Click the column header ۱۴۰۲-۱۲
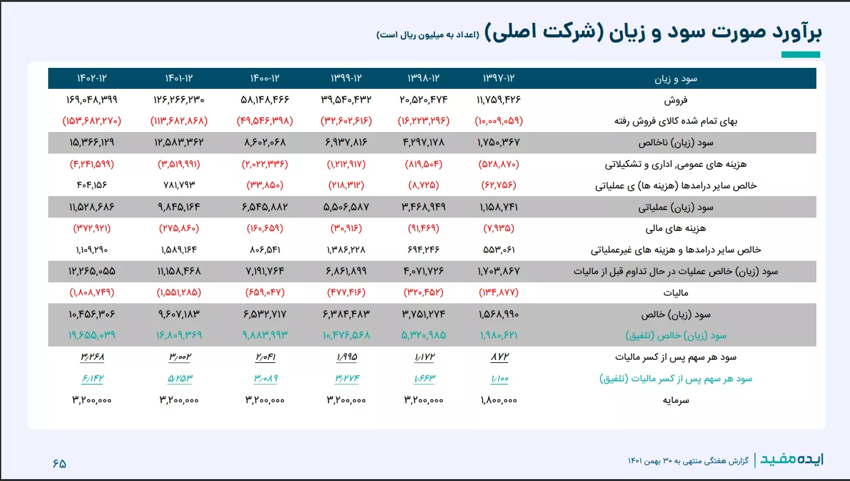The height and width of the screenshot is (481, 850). (x=92, y=78)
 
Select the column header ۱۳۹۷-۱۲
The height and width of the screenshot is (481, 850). (x=499, y=78)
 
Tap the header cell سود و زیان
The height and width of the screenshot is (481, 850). (x=676, y=79)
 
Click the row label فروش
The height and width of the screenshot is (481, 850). (x=676, y=100)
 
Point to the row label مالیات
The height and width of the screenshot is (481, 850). (x=676, y=293)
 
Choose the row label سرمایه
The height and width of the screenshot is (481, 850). (x=676, y=400)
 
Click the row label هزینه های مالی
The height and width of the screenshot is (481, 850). (x=676, y=228)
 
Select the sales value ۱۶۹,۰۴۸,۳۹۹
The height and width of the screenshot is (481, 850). (x=92, y=100)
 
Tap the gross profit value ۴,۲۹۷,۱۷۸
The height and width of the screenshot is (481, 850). (x=424, y=142)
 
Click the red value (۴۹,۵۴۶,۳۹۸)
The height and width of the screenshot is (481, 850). (x=265, y=121)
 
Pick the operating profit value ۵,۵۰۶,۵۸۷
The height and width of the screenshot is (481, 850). (x=346, y=207)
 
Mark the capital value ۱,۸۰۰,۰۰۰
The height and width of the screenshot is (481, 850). (x=499, y=400)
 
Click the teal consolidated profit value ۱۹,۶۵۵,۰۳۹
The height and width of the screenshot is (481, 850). (x=92, y=335)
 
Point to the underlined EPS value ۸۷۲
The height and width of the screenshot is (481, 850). (x=499, y=357)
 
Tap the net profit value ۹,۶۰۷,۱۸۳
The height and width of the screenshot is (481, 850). (x=179, y=314)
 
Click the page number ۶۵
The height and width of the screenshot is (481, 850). (x=60, y=463)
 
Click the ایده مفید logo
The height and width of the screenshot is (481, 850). (x=792, y=459)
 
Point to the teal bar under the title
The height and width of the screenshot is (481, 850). (x=801, y=55)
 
